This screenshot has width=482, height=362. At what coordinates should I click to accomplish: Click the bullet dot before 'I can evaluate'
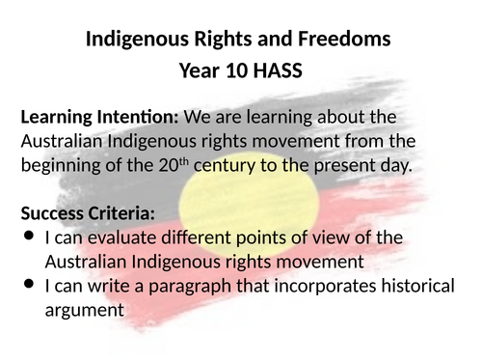point(28,236)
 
